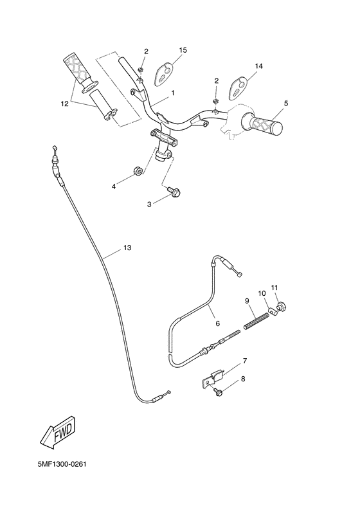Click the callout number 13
[x=127, y=248]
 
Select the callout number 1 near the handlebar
[x=172, y=93]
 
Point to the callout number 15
[x=183, y=50]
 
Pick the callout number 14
[x=259, y=66]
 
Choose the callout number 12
[x=64, y=102]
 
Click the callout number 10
[x=262, y=293]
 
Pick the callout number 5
[x=286, y=103]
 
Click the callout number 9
[x=246, y=300]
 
